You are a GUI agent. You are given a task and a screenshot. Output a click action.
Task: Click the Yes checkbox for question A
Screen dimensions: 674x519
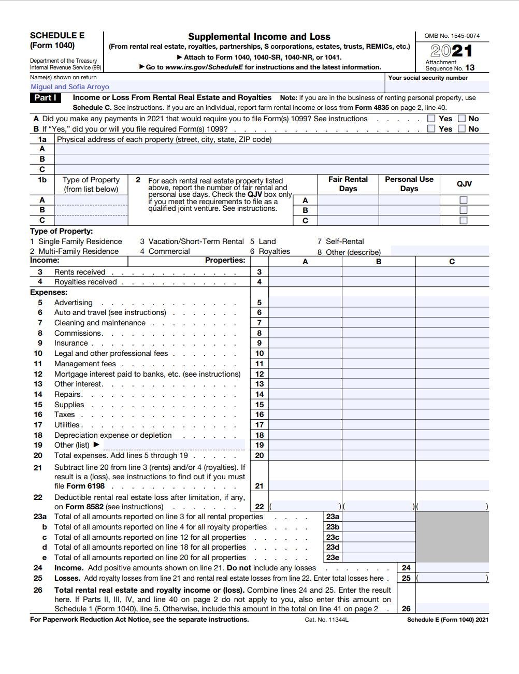click(x=431, y=119)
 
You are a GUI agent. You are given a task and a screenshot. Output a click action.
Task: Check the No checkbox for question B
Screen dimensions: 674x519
click(x=462, y=129)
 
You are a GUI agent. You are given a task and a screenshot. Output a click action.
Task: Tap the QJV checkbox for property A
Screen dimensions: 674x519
click(x=464, y=200)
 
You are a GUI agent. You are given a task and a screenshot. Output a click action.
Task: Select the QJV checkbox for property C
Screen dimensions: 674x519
click(x=464, y=220)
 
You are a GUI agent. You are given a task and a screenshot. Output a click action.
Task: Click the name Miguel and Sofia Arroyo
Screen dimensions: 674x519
click(x=70, y=87)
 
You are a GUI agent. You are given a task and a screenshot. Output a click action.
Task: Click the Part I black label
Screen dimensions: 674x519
click(x=46, y=97)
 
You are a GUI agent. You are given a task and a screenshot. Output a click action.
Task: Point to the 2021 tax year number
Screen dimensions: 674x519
click(x=452, y=51)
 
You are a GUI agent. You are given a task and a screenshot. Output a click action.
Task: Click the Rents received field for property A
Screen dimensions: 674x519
click(x=305, y=272)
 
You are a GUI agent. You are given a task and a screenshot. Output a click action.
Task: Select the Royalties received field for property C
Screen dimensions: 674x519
click(x=452, y=282)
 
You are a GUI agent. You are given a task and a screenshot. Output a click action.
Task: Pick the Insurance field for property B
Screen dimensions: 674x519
click(x=379, y=343)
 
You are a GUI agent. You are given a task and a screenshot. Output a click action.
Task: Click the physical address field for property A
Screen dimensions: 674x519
click(x=271, y=149)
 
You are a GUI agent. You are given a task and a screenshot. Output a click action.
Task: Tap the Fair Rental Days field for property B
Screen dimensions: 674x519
click(x=348, y=210)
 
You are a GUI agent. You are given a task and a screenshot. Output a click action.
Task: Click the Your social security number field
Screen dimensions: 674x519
click(x=438, y=87)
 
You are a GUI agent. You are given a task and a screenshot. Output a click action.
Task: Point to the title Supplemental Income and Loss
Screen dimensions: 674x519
click(x=259, y=36)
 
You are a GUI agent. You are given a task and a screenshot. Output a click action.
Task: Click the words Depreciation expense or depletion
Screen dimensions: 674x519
click(x=113, y=435)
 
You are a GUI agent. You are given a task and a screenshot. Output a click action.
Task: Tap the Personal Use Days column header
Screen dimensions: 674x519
click(x=409, y=184)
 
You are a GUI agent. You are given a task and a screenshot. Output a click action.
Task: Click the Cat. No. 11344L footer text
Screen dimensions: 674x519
click(x=326, y=620)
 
